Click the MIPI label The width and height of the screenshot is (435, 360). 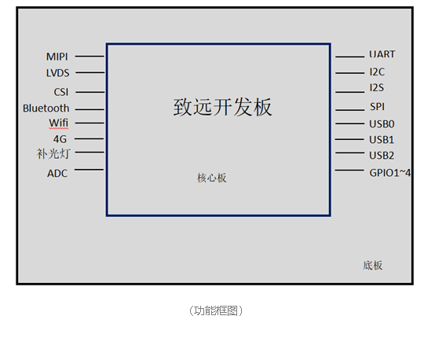57,57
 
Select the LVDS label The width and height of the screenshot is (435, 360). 57,73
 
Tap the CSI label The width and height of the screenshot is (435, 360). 61,92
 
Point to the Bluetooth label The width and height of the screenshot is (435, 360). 46,108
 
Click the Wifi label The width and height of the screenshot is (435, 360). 59,123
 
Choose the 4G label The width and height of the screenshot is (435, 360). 60,139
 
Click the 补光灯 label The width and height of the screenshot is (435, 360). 53,153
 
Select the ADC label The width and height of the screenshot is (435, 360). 57,174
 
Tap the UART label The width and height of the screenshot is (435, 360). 382,54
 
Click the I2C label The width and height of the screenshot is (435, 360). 377,72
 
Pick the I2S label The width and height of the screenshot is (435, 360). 377,88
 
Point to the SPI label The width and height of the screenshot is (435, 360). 378,106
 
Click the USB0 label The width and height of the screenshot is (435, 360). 382,124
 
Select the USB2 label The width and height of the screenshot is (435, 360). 382,156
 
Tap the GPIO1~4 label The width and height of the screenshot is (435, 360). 389,173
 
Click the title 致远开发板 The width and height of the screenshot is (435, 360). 222,107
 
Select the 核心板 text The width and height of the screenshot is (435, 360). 212,178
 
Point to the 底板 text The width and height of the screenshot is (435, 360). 373,266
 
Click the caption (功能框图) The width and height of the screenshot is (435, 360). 216,310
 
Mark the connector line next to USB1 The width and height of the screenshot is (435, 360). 349,139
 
